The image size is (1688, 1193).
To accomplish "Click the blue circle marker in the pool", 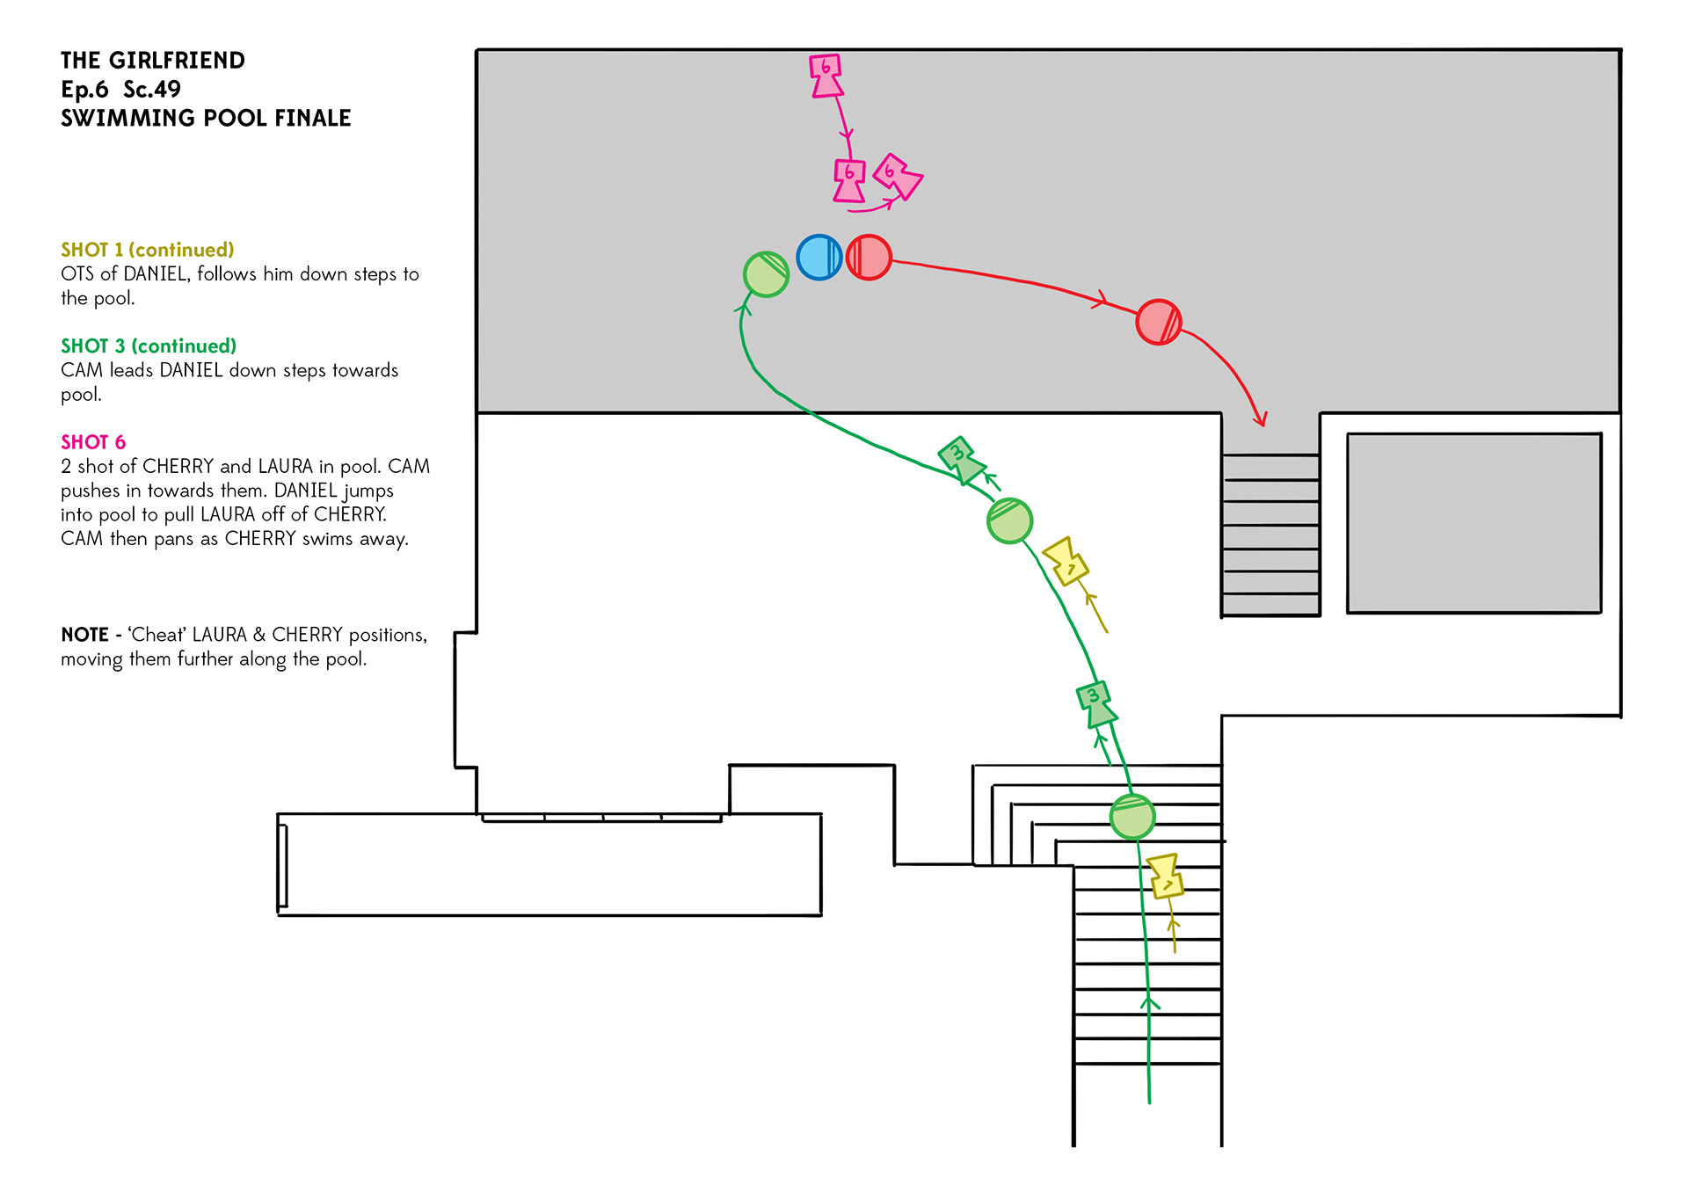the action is (819, 258).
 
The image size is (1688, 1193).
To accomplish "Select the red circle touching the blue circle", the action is (869, 258).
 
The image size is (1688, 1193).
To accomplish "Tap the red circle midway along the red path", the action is (1159, 322).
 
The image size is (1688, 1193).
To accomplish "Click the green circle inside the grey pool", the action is (766, 274).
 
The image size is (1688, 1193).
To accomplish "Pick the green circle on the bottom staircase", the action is (1132, 817).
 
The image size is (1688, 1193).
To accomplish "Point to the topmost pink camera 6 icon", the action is (826, 76).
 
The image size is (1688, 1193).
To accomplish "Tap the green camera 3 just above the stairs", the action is (1095, 704).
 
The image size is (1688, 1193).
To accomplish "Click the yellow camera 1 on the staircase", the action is (1166, 877).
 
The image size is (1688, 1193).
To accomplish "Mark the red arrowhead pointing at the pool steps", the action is (1261, 418).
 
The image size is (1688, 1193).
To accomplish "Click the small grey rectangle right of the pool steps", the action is (1473, 523).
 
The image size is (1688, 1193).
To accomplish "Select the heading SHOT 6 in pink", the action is (93, 442).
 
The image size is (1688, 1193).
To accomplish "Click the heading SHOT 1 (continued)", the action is (148, 250).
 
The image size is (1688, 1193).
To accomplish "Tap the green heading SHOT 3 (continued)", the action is (149, 346).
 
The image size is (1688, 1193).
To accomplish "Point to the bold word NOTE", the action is (85, 635).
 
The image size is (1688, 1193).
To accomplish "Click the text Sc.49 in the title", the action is (152, 90).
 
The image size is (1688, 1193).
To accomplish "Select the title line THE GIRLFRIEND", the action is (153, 61).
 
